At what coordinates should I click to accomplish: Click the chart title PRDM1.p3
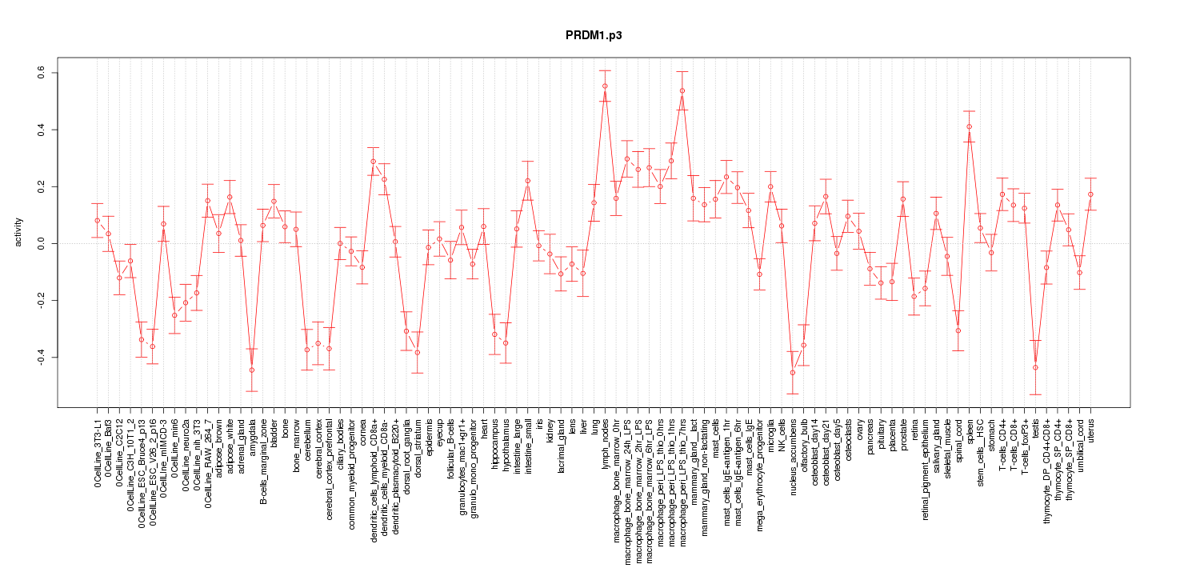tap(594, 35)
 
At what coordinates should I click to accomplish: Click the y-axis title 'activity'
tap(18, 230)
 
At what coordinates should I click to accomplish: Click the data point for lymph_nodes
tap(605, 86)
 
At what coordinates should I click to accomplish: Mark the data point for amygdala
tap(252, 370)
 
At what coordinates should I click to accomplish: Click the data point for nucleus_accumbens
tap(793, 372)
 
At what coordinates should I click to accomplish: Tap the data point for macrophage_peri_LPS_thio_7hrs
tap(682, 90)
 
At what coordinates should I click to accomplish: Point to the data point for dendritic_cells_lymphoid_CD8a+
tap(373, 162)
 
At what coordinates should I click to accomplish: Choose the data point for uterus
tap(1090, 194)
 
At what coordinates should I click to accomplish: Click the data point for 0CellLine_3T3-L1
tap(98, 220)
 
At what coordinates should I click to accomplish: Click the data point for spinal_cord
tap(958, 330)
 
